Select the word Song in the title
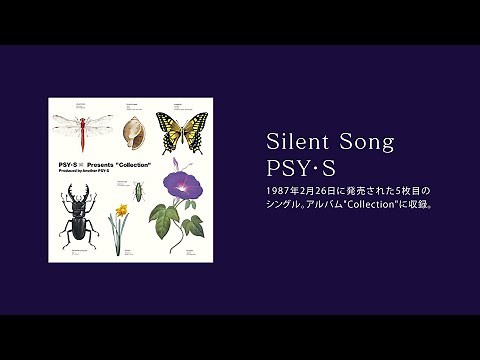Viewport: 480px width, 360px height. pyautogui.click(x=366, y=141)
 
